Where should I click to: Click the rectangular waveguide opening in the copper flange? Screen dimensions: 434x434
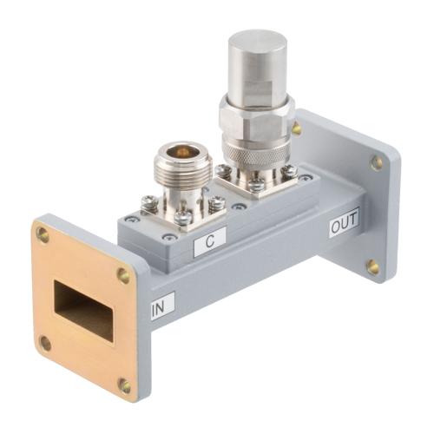click(84, 309)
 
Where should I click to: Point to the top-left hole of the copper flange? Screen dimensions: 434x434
click(42, 233)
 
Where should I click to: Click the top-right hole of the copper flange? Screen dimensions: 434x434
click(123, 276)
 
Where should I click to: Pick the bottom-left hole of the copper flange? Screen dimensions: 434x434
click(45, 343)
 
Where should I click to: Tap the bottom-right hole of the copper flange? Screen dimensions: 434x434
click(125, 385)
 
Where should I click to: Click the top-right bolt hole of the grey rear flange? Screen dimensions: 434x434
click(376, 162)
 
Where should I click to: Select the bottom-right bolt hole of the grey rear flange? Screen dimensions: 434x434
click(372, 266)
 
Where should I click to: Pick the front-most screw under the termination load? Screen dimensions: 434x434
click(257, 184)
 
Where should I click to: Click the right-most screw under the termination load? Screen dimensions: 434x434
click(289, 171)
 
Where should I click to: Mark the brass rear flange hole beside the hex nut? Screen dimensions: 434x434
click(297, 128)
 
